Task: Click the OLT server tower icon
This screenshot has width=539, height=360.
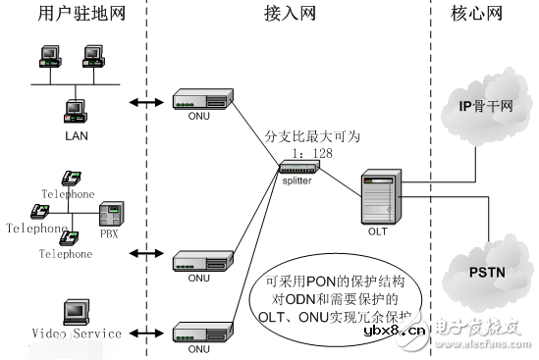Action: (379, 198)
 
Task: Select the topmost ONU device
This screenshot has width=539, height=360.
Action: (201, 98)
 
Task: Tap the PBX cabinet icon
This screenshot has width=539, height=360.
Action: (113, 216)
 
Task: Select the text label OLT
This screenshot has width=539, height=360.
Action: (378, 231)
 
